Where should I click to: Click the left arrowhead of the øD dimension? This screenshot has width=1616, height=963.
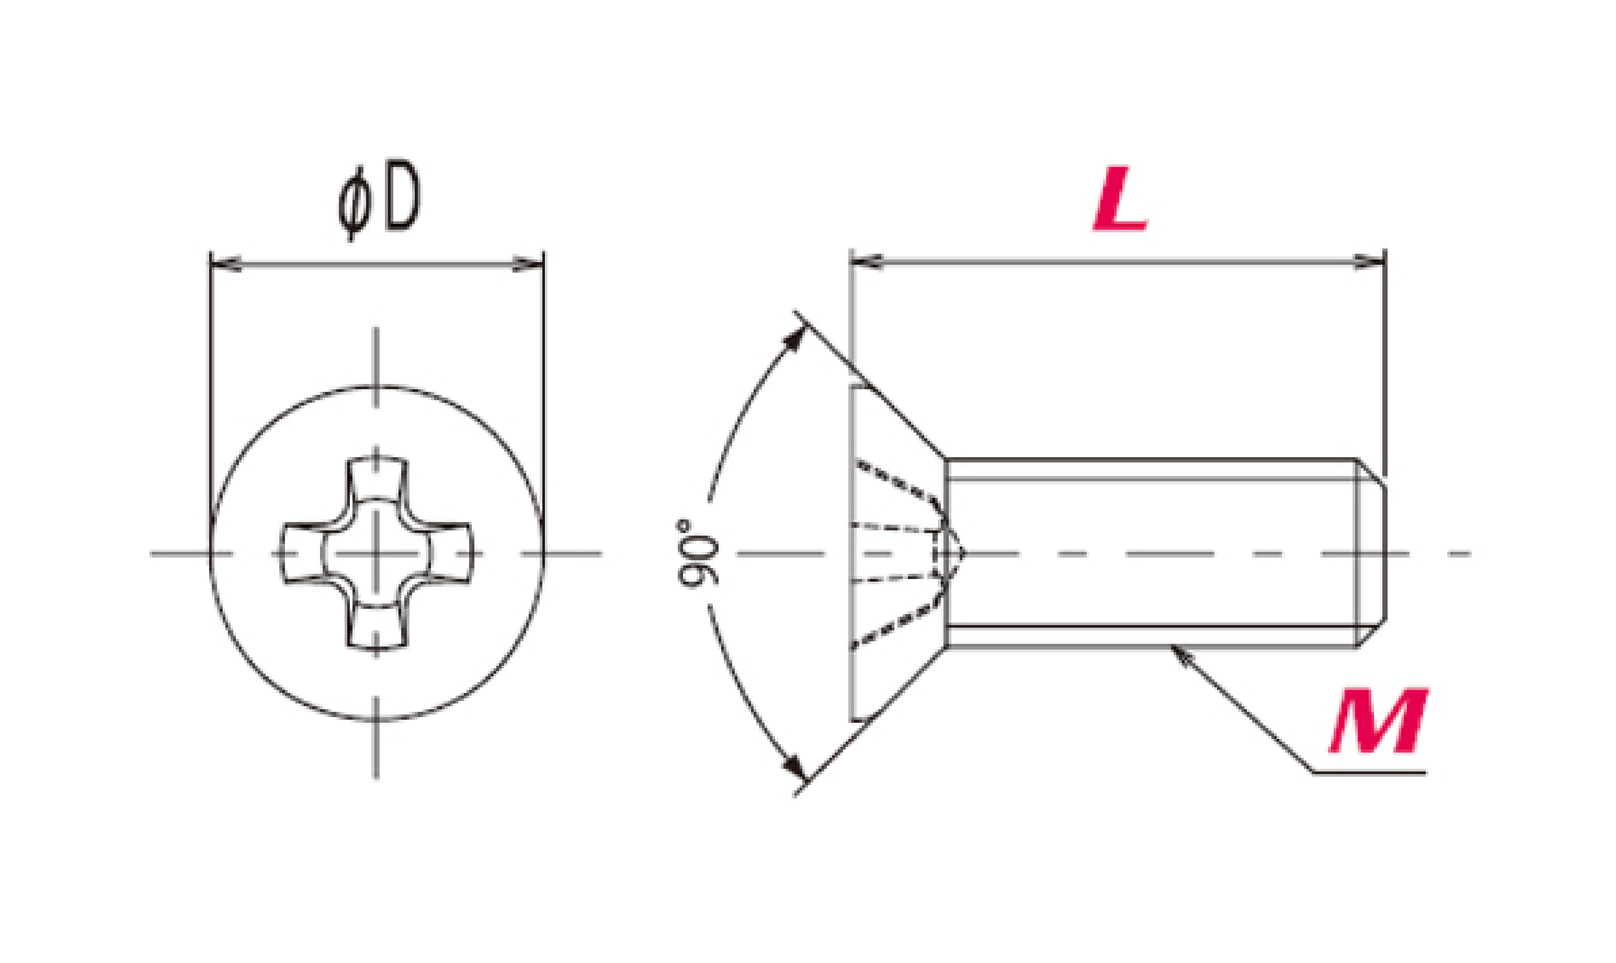226,264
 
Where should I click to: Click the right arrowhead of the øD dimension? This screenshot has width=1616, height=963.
528,264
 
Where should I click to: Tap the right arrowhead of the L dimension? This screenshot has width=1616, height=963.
1369,262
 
